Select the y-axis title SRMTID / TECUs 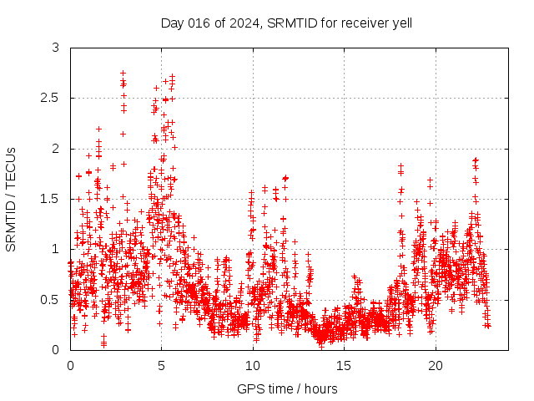click(x=11, y=199)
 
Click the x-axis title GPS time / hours click(x=287, y=388)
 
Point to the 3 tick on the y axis click(x=55, y=48)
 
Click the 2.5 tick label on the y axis click(x=51, y=99)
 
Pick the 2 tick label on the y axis click(x=55, y=149)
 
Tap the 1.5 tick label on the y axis click(x=51, y=199)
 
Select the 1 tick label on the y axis click(x=55, y=249)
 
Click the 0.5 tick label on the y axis click(x=51, y=299)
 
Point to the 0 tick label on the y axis click(x=55, y=349)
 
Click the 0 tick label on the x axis click(x=70, y=365)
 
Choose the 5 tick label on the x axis click(x=162, y=365)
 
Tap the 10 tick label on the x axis click(x=253, y=365)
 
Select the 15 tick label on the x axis click(x=345, y=365)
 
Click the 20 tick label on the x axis click(x=436, y=365)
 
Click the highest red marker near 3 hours click(x=123, y=74)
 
